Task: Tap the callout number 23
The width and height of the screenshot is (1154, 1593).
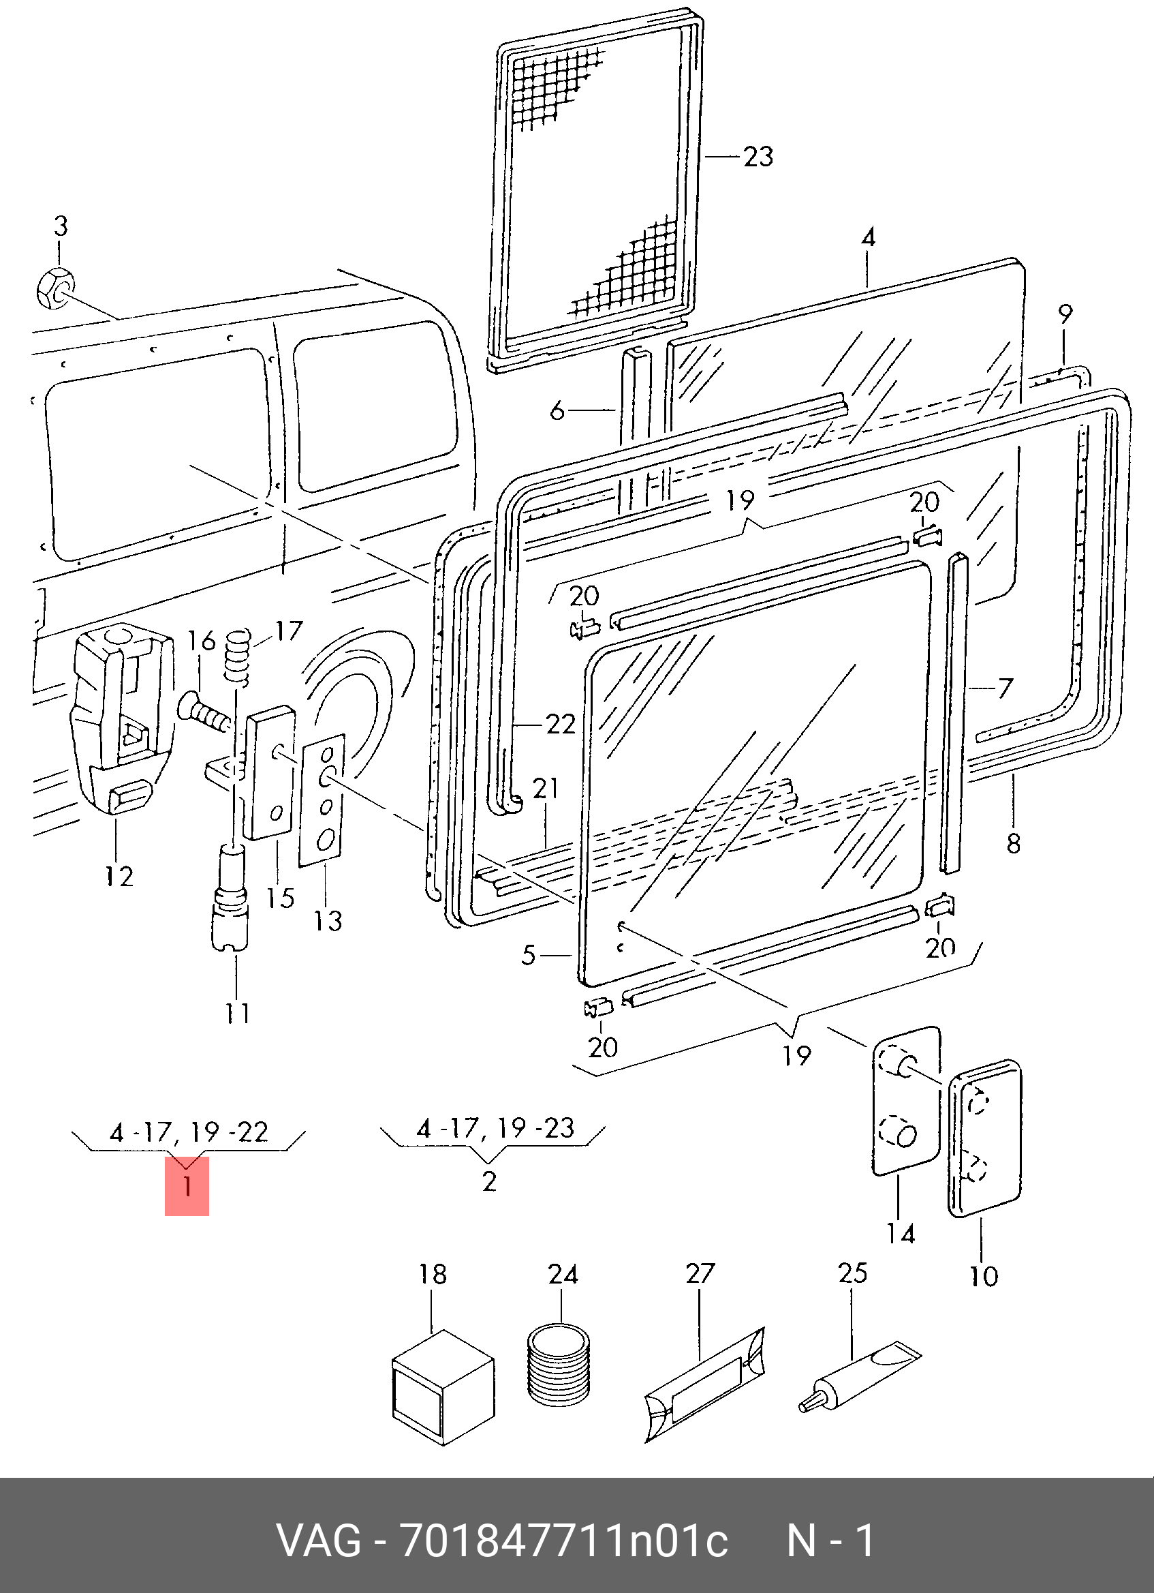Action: pos(758,157)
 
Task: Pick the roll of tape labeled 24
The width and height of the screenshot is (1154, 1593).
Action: pos(559,1365)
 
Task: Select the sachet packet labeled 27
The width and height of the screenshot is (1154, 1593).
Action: pos(704,1386)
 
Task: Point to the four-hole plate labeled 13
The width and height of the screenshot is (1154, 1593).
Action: pos(322,800)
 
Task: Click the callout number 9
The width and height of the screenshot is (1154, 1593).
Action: pos(1065,314)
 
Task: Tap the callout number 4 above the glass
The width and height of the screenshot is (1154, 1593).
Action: pos(869,237)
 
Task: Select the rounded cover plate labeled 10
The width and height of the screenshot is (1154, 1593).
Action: pos(984,1138)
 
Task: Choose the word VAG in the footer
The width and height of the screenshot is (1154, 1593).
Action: pos(319,1541)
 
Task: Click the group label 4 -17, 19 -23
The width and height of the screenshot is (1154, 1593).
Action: pos(495,1128)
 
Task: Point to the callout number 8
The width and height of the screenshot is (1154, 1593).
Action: pos(1014,844)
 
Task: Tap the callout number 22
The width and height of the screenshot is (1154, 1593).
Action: pos(560,724)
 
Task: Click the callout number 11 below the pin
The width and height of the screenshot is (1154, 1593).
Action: pos(236,1013)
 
